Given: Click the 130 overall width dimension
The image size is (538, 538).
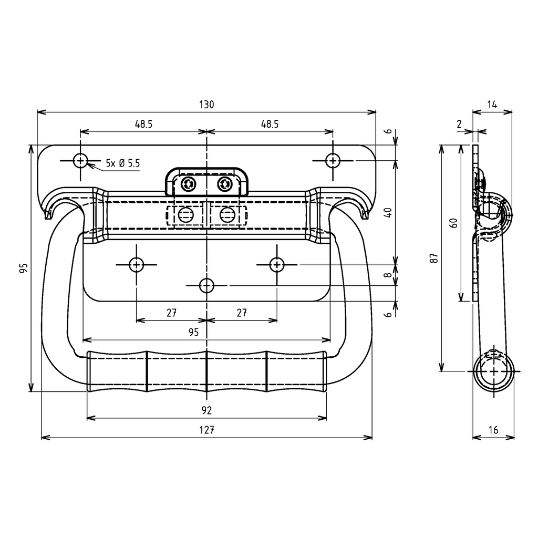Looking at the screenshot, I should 206,105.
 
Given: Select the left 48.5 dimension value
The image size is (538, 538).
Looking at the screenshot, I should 143,125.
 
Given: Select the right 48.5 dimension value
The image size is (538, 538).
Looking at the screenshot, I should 269,125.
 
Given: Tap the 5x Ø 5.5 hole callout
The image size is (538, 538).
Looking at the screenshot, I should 122,163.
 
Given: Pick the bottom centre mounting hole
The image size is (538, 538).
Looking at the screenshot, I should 206,286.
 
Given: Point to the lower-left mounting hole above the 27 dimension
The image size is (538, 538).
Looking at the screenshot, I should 137,265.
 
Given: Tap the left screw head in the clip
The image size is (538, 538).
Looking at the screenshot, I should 188,184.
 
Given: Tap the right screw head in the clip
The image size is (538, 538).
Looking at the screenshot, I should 225,184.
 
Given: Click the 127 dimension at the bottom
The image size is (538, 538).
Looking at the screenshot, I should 206,430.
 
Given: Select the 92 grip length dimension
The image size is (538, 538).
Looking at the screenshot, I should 206,410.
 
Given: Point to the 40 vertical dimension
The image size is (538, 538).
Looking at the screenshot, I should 388,213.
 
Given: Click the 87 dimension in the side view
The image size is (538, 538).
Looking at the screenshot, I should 434,257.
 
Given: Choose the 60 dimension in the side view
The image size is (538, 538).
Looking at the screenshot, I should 454,222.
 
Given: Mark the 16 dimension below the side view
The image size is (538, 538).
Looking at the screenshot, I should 493,430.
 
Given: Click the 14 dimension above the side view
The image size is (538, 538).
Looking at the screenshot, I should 492,105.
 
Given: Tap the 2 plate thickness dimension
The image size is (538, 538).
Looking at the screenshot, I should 459,125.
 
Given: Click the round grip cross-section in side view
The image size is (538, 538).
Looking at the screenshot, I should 494,371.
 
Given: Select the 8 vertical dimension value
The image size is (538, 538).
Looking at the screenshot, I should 388,275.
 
